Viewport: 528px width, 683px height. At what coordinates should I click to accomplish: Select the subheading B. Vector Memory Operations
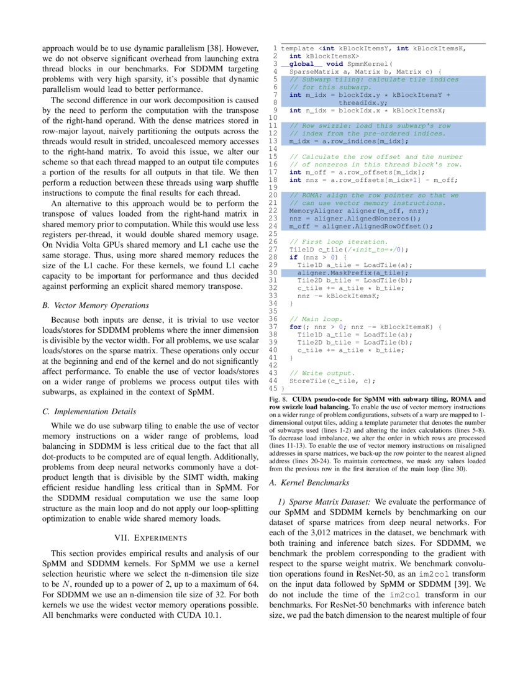tap(96, 305)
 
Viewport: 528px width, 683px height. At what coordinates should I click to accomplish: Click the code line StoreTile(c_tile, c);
tap(332, 381)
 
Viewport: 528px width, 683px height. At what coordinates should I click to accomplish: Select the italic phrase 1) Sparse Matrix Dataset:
tap(324, 501)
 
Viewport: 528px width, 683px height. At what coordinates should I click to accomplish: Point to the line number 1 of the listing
tap(275, 48)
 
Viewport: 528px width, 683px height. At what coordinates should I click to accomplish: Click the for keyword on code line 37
tap(295, 327)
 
